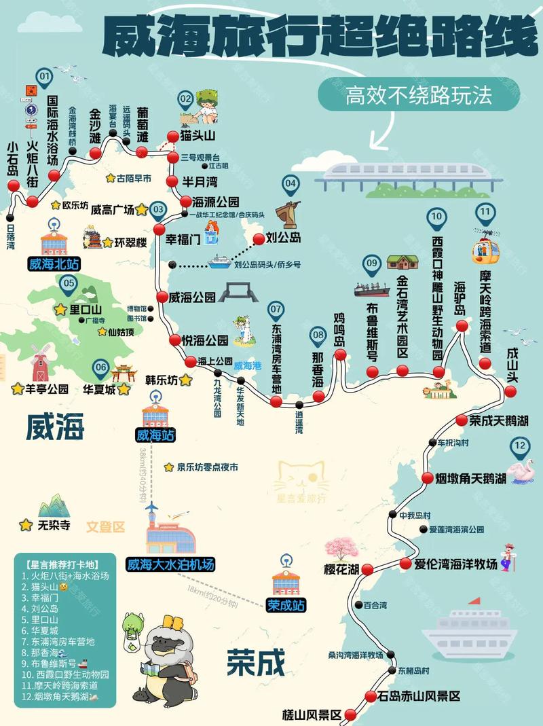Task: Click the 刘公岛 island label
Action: point(282,238)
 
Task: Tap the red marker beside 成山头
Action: point(510,391)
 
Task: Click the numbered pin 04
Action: point(291,183)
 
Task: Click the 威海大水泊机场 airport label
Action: point(170,564)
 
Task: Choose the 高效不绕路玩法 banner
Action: point(417,96)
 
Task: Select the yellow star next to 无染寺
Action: point(26,525)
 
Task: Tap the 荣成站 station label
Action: point(285,606)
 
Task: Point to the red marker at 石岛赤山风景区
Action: point(371,696)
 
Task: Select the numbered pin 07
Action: point(276,311)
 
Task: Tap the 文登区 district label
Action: point(105,526)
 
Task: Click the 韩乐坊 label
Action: point(162,380)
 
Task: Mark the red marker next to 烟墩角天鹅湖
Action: point(427,478)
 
